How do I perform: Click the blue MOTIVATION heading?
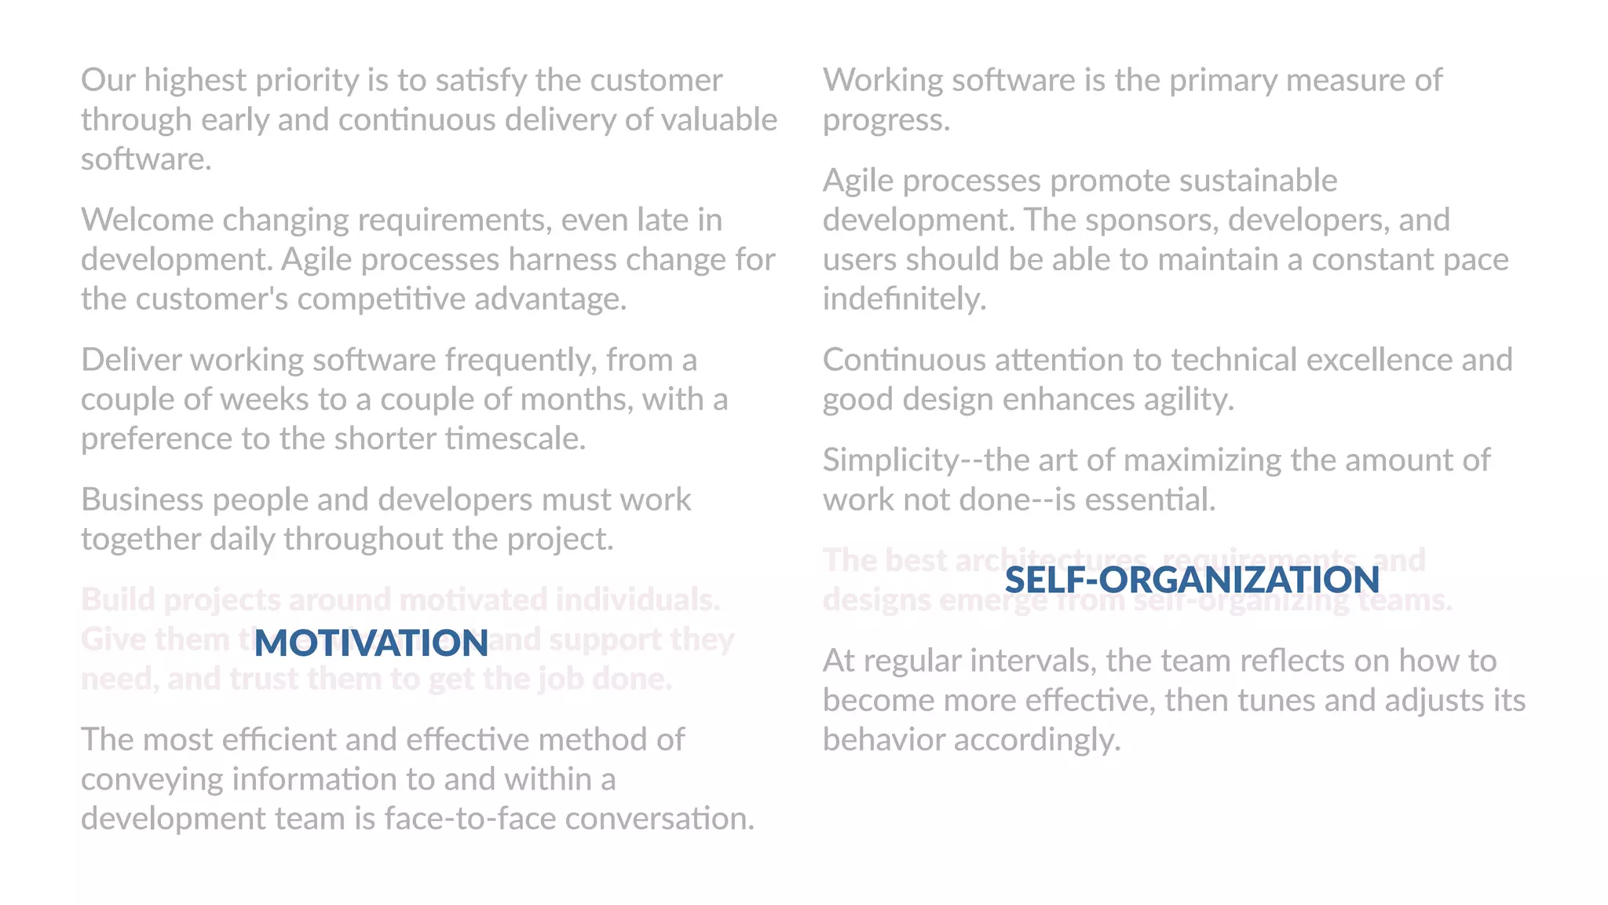pyautogui.click(x=371, y=643)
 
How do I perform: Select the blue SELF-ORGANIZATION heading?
pyautogui.click(x=1192, y=580)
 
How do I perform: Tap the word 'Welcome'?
pyautogui.click(x=148, y=220)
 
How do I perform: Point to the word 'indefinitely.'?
pyautogui.click(x=904, y=299)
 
